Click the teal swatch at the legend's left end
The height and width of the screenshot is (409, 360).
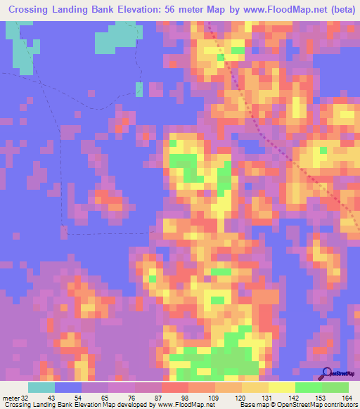(x=41, y=387)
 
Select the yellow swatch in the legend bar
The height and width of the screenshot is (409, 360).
(x=282, y=387)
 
